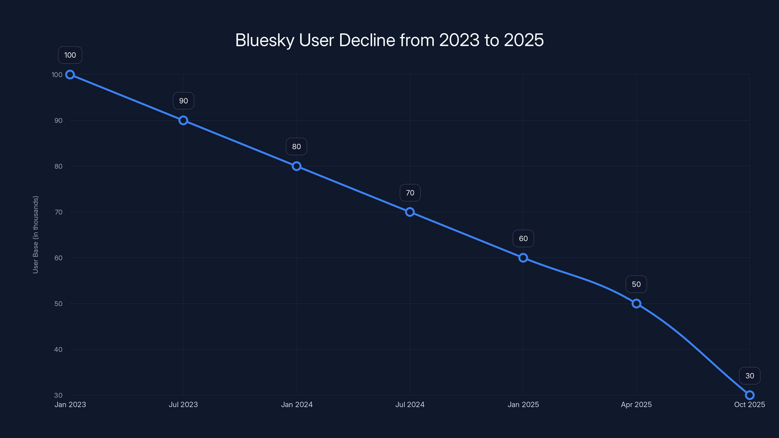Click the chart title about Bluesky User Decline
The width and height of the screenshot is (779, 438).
[x=389, y=40]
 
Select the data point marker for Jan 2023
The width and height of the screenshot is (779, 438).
[x=70, y=75]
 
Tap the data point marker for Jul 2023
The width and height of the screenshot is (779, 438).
[x=183, y=120]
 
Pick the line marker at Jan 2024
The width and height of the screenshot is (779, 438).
[x=296, y=166]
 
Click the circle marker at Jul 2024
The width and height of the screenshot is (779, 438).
[x=410, y=212]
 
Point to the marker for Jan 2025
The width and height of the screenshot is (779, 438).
[x=523, y=258]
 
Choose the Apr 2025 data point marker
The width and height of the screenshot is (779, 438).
[x=636, y=303]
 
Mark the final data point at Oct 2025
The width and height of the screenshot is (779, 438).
[x=750, y=395]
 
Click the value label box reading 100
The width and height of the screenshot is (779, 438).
[x=70, y=55]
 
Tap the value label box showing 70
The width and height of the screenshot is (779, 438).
[x=410, y=193]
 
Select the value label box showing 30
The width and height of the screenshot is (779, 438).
[x=750, y=376]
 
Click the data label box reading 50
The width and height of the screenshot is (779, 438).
[x=636, y=284]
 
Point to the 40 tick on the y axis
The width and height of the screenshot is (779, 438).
[x=58, y=349]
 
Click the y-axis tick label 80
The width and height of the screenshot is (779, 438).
[x=58, y=166]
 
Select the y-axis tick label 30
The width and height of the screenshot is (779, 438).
[x=58, y=395]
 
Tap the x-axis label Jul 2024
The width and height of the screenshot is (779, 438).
[x=410, y=404]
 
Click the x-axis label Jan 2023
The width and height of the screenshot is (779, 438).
[x=70, y=404]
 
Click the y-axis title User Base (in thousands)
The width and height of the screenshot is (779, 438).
[x=35, y=235]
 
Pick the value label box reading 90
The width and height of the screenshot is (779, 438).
[x=183, y=101]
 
